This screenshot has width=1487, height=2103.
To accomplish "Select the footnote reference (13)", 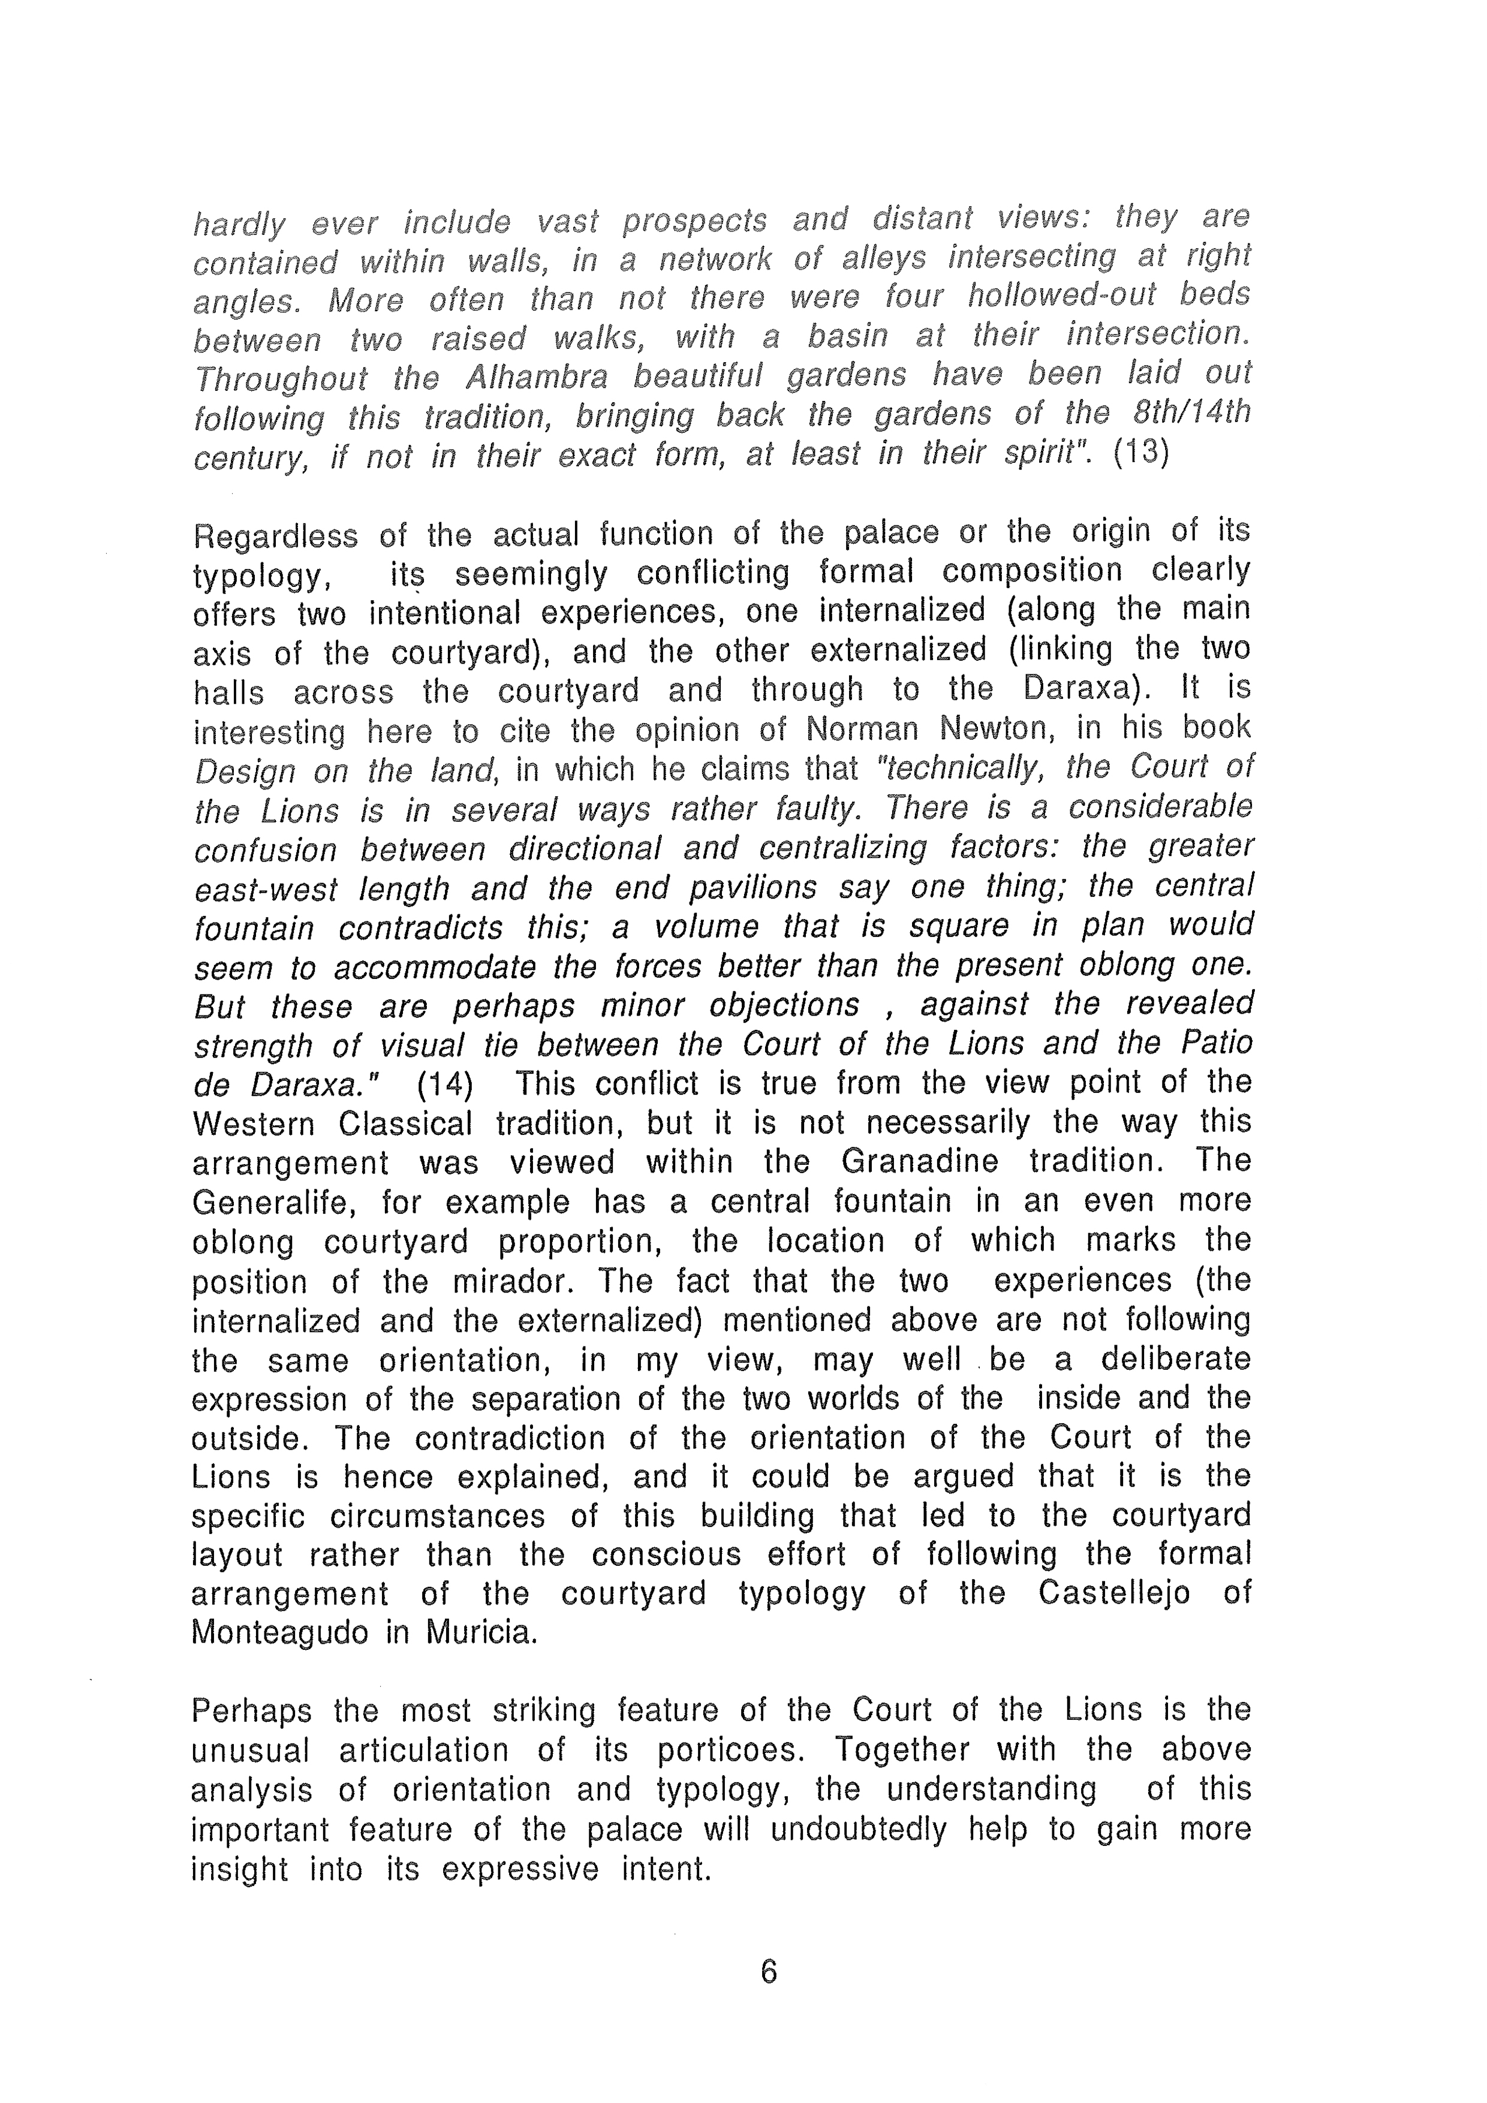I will (1140, 453).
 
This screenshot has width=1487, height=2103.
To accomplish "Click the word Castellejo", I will (1114, 1594).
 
